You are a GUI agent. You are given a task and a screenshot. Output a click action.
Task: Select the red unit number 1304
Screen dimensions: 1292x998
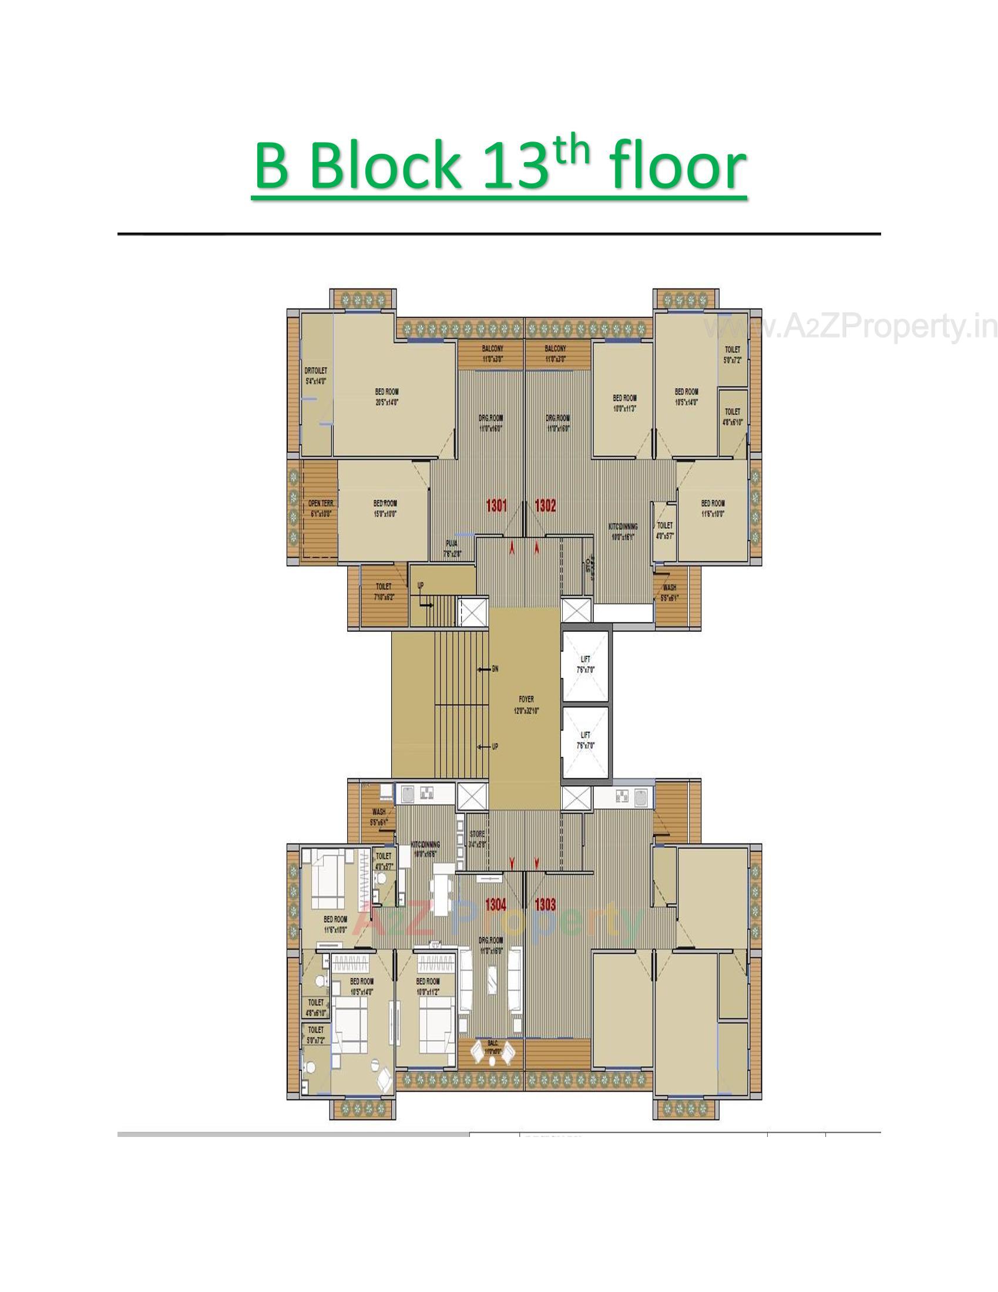point(496,904)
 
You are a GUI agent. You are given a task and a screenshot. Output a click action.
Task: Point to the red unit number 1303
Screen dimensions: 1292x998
point(545,904)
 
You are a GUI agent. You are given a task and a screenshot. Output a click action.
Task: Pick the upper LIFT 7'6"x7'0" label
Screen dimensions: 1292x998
point(585,664)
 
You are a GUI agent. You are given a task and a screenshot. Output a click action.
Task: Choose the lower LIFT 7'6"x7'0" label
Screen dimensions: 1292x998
point(585,740)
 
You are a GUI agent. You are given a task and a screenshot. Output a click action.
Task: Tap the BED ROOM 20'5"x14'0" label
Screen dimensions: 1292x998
point(387,396)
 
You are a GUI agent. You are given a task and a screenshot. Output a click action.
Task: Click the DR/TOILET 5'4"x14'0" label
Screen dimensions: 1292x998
point(316,376)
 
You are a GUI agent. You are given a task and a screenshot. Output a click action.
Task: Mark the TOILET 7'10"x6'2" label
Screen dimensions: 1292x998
point(384,591)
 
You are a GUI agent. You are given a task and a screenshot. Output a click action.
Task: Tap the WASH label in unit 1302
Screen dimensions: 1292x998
point(670,592)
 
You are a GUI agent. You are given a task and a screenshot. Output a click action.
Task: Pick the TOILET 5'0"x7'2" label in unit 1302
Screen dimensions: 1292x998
point(732,354)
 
